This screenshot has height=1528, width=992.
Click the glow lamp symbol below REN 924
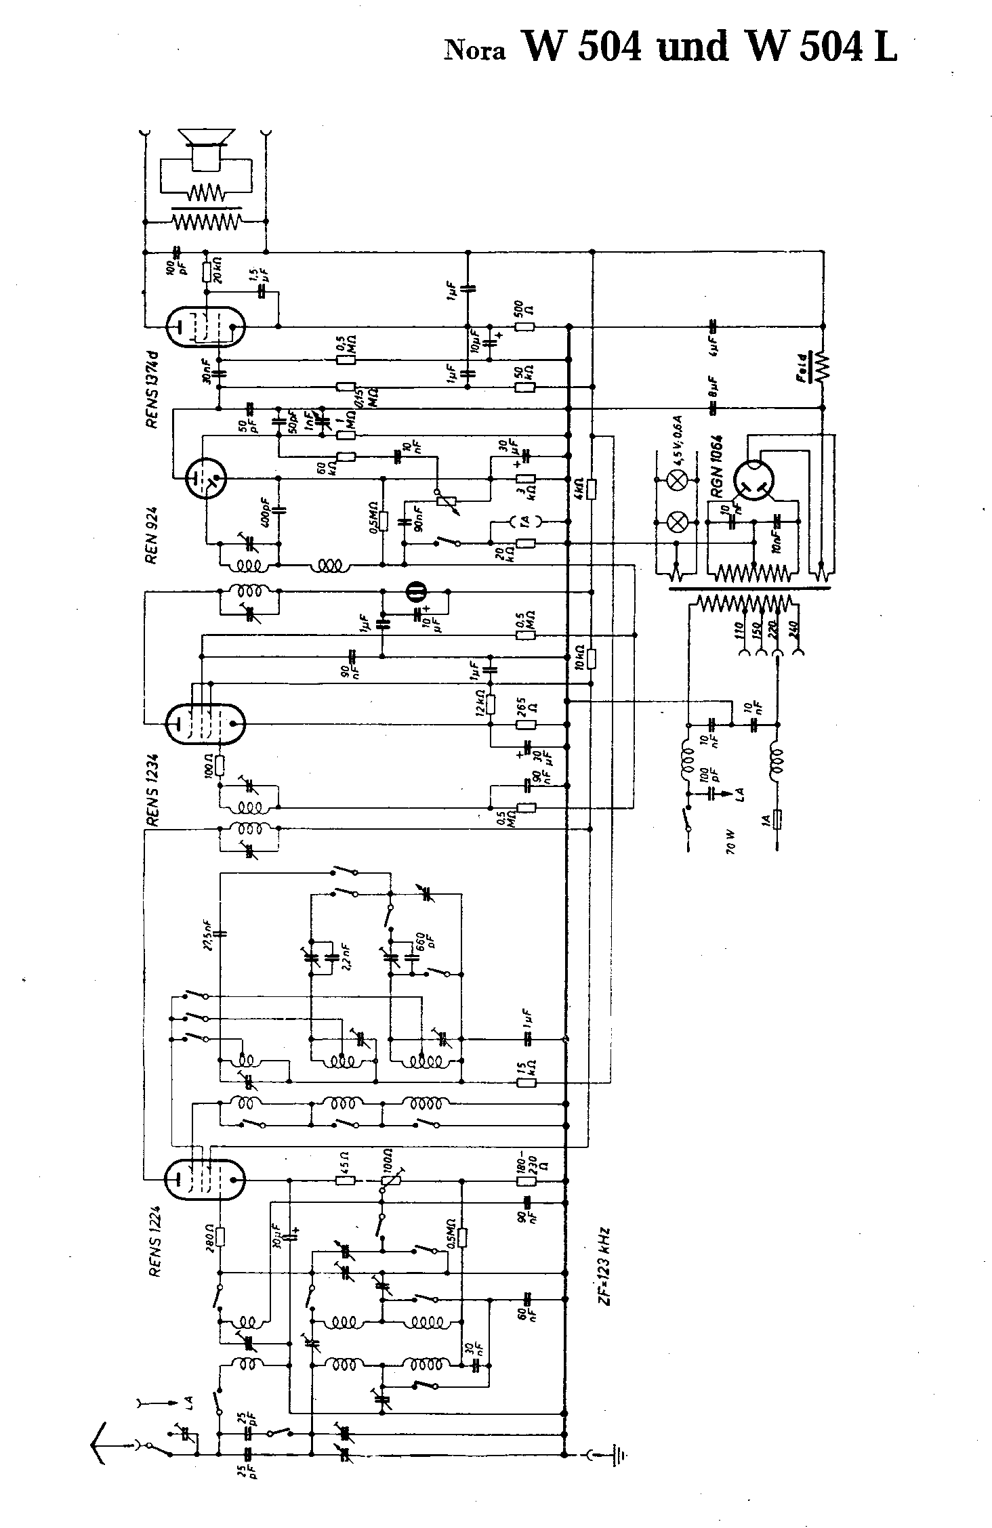415,592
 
